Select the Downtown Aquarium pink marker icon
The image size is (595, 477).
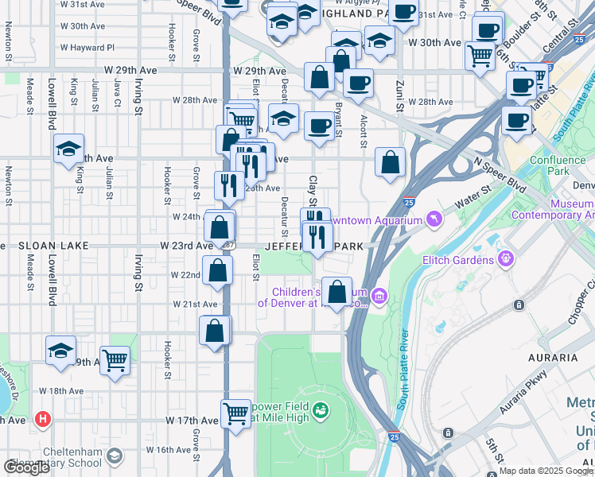click(x=434, y=216)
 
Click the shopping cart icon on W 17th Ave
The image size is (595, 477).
click(x=236, y=413)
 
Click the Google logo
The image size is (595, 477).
click(x=26, y=467)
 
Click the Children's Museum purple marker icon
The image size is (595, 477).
click(x=379, y=297)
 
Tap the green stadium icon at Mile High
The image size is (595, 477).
click(x=321, y=410)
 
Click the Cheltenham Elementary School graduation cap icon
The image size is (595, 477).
click(x=115, y=456)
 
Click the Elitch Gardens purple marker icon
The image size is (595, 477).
click(x=504, y=258)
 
